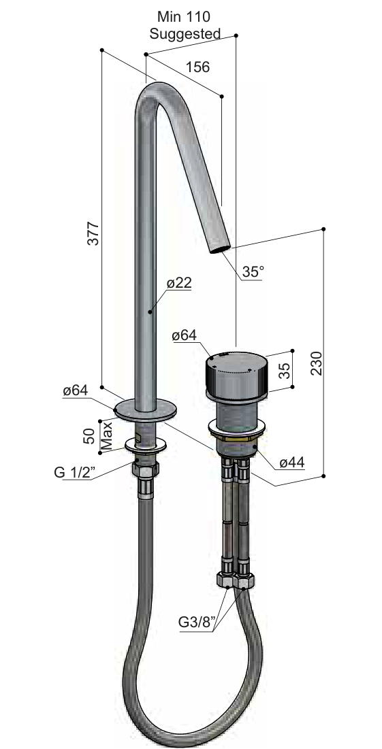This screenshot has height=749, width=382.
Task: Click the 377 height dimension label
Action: (x=94, y=233)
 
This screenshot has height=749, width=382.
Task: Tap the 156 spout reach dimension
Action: (x=197, y=67)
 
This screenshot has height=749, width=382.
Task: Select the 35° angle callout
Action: (x=253, y=271)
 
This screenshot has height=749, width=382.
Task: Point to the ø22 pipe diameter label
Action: (x=179, y=283)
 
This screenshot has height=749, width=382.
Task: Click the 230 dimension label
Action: (x=316, y=363)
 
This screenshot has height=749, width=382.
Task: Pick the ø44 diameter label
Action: (x=292, y=462)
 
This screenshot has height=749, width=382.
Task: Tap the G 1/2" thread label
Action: (x=74, y=472)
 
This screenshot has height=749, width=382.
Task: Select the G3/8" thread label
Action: (x=197, y=622)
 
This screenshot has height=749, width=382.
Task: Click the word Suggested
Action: (x=185, y=34)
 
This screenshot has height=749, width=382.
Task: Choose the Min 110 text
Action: (x=184, y=17)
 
